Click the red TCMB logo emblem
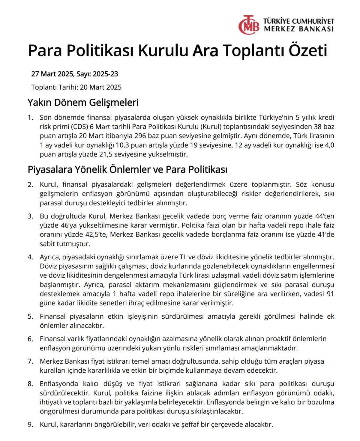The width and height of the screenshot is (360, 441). tap(249, 25)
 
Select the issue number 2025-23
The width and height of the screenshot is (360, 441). tap(105, 74)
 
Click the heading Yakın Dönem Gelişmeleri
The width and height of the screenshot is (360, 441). tap(83, 103)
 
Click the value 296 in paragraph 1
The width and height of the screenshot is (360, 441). tap(140, 136)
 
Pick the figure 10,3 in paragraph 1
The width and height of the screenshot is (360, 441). tap(122, 145)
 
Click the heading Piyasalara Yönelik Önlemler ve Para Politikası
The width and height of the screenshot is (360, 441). tap(127, 169)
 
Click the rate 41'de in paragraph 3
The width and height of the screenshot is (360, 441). tap(325, 234)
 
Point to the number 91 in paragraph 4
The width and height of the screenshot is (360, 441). tap(330, 294)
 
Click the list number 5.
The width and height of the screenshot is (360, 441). tap(30, 317)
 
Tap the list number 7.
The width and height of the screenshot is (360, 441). tap(30, 362)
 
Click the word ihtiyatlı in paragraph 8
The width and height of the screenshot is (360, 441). tap(52, 402)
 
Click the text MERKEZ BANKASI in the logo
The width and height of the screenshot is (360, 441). tap(299, 29)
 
